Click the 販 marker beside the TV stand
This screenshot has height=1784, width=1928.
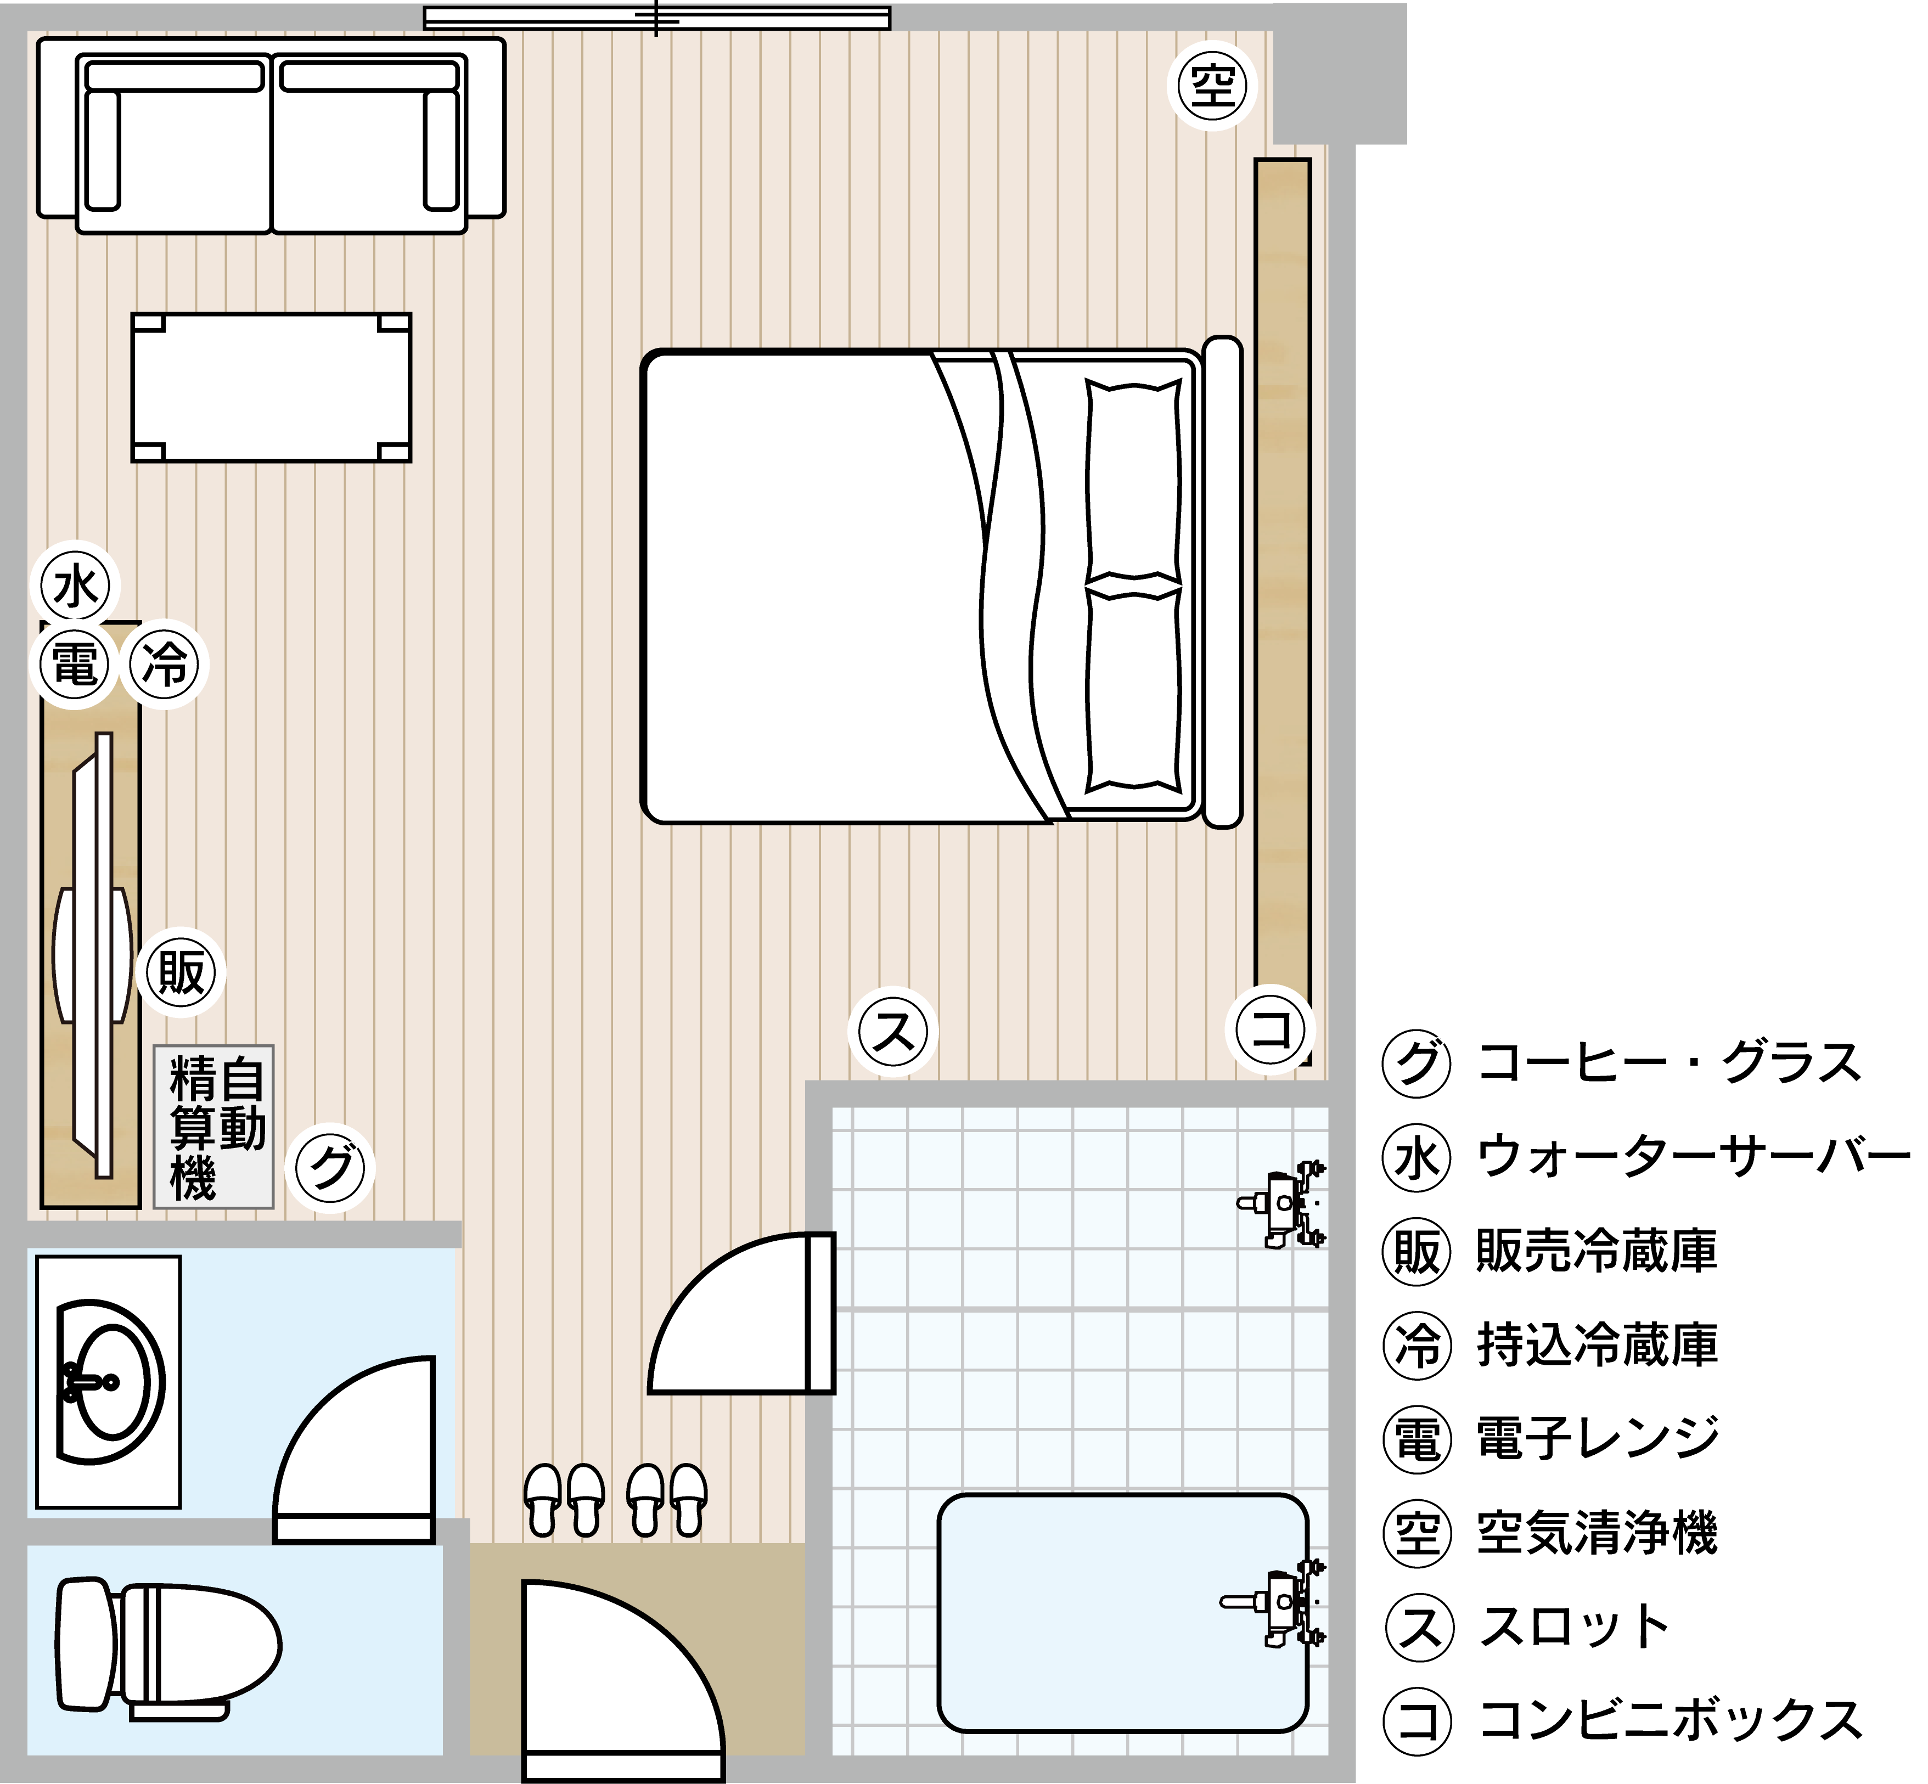coord(182,973)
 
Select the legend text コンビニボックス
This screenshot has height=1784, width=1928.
coord(1670,1721)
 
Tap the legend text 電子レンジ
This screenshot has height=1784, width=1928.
coord(1598,1438)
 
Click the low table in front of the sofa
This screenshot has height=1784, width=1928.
coord(271,387)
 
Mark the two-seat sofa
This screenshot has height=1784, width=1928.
coord(271,135)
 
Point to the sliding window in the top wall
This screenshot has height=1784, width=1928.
coord(656,18)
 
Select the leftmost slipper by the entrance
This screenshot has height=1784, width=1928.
coord(543,1499)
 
